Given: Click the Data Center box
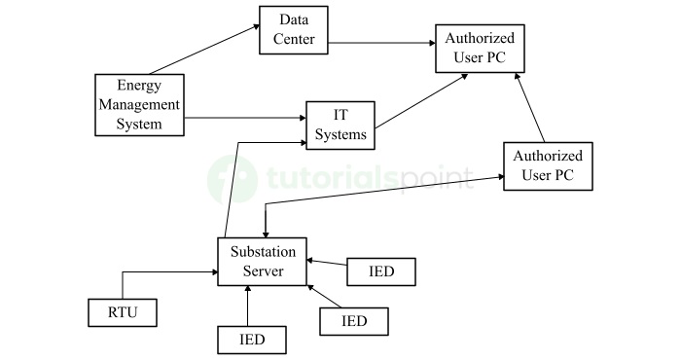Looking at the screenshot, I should (x=293, y=30).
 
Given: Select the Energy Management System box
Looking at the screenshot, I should (x=139, y=105).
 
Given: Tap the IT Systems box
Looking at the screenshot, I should (x=340, y=124).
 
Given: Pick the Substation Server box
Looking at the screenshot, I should (x=262, y=261).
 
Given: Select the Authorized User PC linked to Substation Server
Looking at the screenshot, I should (x=547, y=165).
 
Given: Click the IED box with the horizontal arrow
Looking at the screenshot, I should (x=381, y=271).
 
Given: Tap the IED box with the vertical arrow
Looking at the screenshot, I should (x=252, y=340).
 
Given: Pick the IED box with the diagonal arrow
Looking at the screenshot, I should (x=355, y=320).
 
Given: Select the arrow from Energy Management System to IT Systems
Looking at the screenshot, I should (x=243, y=119).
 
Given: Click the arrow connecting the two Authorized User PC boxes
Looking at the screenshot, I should (x=529, y=108).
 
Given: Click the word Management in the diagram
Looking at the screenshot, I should (x=139, y=105).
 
